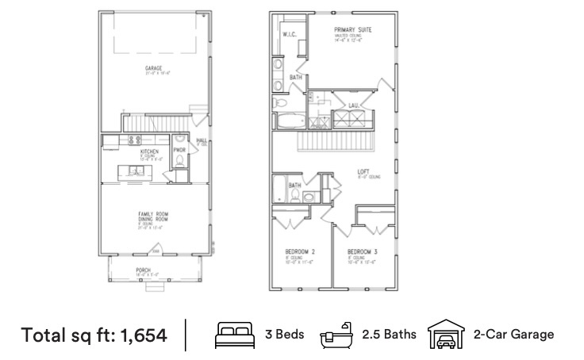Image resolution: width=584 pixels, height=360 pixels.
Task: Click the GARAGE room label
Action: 153,68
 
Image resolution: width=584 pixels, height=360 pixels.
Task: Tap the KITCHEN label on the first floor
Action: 150,150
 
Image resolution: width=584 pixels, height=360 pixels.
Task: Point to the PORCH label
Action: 144,270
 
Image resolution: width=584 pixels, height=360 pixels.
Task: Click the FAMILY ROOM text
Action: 151,214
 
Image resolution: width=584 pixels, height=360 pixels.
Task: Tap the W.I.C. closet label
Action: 289,35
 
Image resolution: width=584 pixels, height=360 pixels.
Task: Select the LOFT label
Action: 363,170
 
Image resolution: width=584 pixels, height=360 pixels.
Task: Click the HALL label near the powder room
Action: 201,140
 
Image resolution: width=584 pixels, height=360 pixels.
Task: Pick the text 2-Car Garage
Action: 513,334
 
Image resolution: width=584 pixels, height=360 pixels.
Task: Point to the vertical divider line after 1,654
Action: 186,334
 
